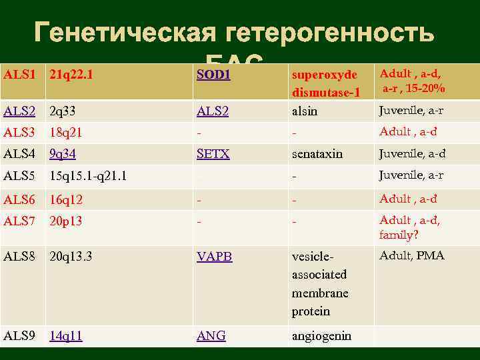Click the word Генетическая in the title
(125, 32)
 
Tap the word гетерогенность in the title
(331, 32)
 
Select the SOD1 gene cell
(213, 74)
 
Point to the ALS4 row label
(20, 154)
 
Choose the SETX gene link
(213, 154)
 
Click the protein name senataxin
(317, 154)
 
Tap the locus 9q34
(63, 154)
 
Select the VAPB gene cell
(215, 256)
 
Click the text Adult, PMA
(412, 255)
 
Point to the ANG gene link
(211, 336)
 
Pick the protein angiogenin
(321, 336)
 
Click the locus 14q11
(66, 336)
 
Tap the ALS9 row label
(20, 336)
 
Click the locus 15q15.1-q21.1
(88, 176)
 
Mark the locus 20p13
(65, 221)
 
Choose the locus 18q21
(65, 133)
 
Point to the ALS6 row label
(20, 199)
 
